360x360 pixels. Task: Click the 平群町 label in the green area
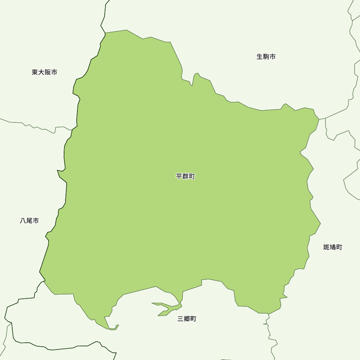point(185,176)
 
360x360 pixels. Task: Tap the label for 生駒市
point(266,57)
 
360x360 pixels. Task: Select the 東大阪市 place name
point(44,72)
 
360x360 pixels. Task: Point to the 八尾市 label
point(30,221)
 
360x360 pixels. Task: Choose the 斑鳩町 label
point(333,247)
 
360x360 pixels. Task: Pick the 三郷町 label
point(187,319)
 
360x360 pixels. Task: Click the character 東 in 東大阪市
point(35,72)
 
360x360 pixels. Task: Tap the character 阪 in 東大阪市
point(48,72)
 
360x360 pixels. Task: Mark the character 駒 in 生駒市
point(266,57)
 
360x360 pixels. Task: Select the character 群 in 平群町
point(185,176)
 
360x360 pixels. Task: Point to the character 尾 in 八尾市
point(30,221)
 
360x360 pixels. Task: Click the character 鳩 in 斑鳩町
point(333,247)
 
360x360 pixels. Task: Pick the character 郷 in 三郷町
point(187,319)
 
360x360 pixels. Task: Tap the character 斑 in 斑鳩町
point(327,247)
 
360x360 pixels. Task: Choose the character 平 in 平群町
point(179,176)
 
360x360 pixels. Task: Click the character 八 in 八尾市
point(23,221)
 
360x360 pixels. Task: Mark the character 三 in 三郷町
point(181,319)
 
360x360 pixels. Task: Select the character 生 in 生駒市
point(260,57)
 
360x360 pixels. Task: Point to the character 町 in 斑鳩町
point(339,247)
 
